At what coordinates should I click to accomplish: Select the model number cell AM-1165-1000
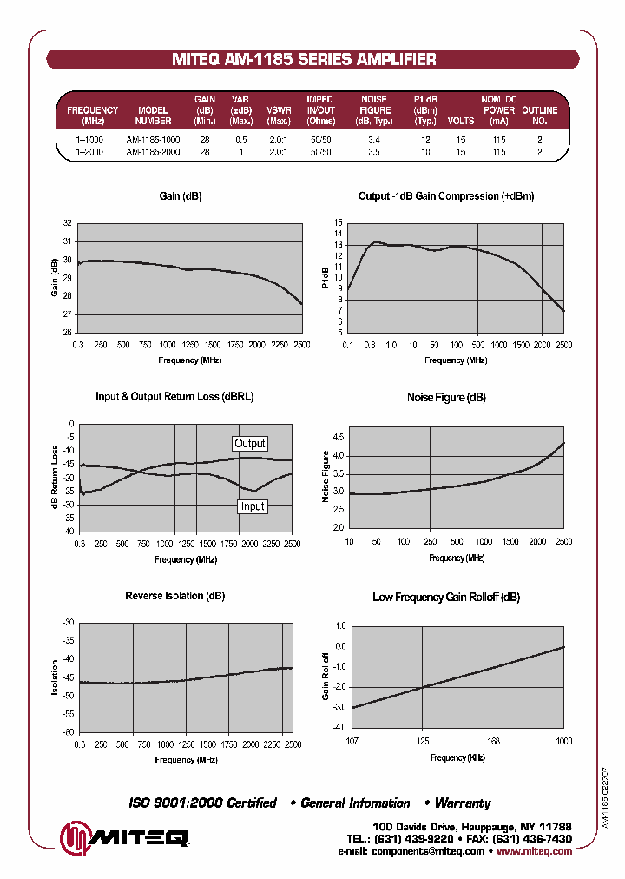pos(153,140)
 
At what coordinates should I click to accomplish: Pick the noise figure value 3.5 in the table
pos(373,152)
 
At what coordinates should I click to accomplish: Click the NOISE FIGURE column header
pos(374,110)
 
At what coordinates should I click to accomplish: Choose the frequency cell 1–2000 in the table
pos(89,152)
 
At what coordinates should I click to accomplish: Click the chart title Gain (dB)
pos(181,196)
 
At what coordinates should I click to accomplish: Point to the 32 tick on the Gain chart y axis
pos(68,223)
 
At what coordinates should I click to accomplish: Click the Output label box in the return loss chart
pos(250,444)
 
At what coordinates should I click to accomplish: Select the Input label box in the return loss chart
pos(253,506)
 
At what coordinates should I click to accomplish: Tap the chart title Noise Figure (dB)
pos(446,397)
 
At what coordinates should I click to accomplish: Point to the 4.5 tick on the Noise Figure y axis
pos(338,438)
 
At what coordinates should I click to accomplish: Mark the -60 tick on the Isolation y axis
pos(67,731)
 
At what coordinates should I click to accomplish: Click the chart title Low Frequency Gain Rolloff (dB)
pos(446,597)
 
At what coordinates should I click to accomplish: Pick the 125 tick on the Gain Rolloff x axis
pos(422,741)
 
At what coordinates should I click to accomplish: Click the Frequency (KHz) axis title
pos(457,757)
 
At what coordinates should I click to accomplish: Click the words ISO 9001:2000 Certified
pos(202,803)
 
